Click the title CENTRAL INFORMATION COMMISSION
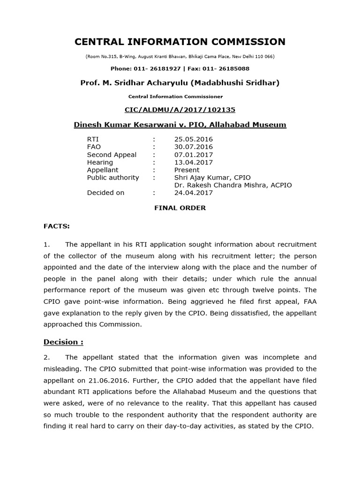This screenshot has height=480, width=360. [x=180, y=42]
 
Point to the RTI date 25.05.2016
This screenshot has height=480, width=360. [x=193, y=139]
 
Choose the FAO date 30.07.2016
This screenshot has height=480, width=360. [x=193, y=147]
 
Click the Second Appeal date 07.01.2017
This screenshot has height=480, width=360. [x=193, y=155]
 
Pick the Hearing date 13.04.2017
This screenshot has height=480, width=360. [x=193, y=162]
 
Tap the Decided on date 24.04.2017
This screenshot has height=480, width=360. [x=193, y=193]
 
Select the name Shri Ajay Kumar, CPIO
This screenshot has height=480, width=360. [x=212, y=178]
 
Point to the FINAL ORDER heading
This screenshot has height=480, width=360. [x=180, y=208]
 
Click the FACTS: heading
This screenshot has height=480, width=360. [x=57, y=226]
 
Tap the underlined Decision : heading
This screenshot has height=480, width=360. [x=63, y=342]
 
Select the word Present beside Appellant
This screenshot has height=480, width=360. [x=187, y=170]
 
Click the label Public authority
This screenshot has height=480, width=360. [x=113, y=178]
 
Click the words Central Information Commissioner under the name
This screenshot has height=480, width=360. [x=175, y=97]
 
